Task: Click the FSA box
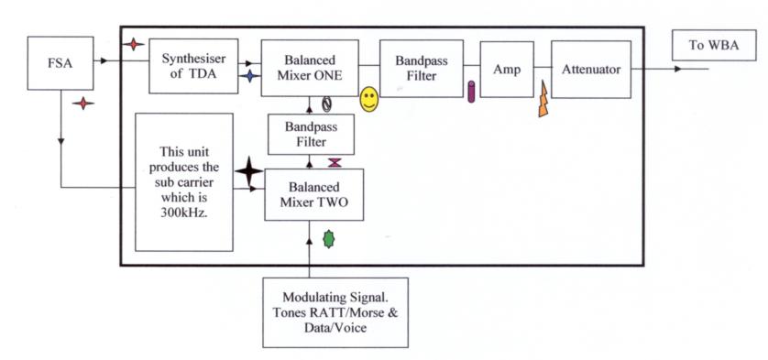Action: point(60,63)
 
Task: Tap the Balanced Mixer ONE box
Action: point(310,68)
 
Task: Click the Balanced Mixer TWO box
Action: point(314,194)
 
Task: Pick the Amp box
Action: point(507,69)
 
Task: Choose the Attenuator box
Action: point(591,69)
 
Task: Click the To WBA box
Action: point(714,45)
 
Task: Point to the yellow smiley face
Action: point(369,100)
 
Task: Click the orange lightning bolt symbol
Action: point(543,100)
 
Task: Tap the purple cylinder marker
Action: point(471,93)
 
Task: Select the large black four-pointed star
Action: point(248,171)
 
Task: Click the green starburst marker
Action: point(329,239)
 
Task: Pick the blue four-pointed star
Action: point(250,76)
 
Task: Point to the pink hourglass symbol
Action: point(335,163)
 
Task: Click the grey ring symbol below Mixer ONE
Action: point(326,104)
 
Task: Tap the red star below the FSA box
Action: point(82,104)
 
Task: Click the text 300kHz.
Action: point(184,213)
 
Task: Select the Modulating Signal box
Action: point(335,312)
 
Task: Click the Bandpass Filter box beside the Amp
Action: point(422,68)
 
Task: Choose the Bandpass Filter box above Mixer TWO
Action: point(311,135)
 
